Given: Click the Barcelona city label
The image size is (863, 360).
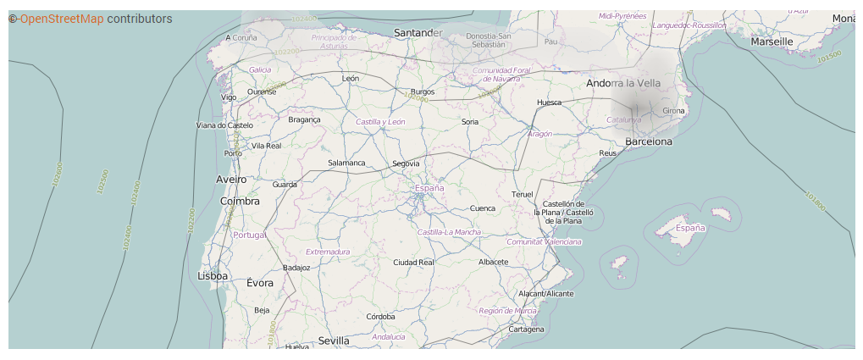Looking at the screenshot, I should coord(649,141).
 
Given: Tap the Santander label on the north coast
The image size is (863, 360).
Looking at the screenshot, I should coord(418,33).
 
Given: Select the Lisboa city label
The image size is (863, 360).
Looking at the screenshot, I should coord(213,275).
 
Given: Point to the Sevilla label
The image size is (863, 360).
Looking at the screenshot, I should coord(334,341).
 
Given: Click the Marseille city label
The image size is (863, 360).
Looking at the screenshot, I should coord(772,41).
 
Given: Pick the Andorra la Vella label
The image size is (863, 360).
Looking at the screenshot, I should coord(623,83).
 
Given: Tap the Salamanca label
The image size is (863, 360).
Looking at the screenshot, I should coord(346,163).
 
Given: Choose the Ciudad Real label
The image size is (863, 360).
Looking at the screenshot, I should coord(413,263).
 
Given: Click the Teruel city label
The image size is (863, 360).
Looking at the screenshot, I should coord(523,195).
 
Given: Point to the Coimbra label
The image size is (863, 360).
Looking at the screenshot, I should coord(240,201).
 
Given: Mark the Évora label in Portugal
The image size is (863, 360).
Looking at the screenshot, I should coord(260,283).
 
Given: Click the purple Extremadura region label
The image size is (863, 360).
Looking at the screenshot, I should coord(328,252).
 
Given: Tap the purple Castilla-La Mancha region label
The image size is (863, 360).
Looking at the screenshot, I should coord(449,232).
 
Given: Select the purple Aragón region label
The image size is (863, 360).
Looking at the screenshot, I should coord(539,134).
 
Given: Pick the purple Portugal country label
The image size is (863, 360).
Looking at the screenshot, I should coord(249,235).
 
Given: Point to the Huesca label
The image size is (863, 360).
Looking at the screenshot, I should coord(549,103).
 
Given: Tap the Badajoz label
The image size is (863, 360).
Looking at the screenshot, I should coord(296,268).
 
